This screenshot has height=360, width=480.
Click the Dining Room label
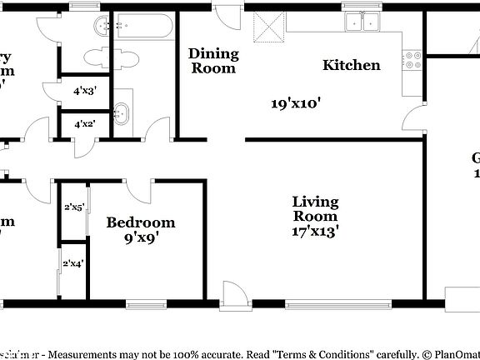coord(213,61)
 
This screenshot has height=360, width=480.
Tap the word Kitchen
coord(352,65)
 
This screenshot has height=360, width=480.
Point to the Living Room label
coord(315,209)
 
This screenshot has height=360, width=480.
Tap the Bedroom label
coord(141,222)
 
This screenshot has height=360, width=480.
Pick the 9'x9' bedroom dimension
coord(141,237)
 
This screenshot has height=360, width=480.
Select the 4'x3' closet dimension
coord(85,91)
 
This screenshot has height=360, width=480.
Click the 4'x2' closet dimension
coord(85,123)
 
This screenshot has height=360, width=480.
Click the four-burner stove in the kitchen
coord(411,61)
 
